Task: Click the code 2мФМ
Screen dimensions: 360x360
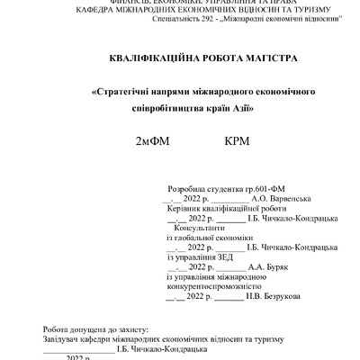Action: pyautogui.click(x=152, y=141)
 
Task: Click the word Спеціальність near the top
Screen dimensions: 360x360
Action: pyautogui.click(x=175, y=17)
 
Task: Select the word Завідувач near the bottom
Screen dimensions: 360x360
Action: pyautogui.click(x=64, y=338)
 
